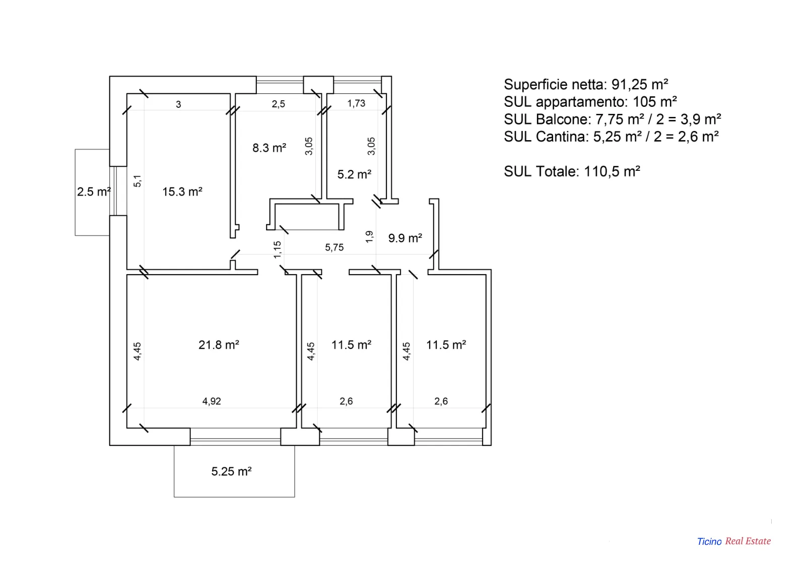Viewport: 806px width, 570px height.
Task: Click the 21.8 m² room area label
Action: tap(219, 345)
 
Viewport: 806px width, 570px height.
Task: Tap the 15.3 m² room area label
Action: tap(182, 192)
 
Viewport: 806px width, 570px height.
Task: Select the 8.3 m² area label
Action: tap(269, 148)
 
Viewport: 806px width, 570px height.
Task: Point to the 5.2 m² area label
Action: tap(354, 174)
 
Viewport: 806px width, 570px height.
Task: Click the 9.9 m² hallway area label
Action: tap(405, 238)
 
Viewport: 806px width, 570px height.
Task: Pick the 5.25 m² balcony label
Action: tap(231, 471)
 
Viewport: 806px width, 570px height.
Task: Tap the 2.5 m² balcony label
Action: tap(94, 192)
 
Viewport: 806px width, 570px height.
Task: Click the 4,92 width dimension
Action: tap(212, 401)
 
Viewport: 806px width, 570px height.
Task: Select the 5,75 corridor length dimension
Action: tap(334, 247)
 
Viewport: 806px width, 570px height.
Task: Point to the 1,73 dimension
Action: tap(356, 103)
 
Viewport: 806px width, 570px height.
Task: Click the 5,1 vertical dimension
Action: tap(138, 181)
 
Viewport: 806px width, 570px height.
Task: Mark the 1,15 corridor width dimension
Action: tap(277, 249)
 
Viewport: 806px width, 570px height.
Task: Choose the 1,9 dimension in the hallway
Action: tap(369, 237)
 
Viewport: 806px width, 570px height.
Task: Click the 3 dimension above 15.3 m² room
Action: tap(178, 104)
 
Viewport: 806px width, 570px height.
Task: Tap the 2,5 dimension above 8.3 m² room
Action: tap(278, 104)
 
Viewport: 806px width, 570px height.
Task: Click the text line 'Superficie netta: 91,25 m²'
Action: tap(586, 84)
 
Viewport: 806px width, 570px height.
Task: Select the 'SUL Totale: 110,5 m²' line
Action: tap(572, 171)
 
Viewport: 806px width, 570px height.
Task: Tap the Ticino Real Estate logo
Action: tap(734, 541)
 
